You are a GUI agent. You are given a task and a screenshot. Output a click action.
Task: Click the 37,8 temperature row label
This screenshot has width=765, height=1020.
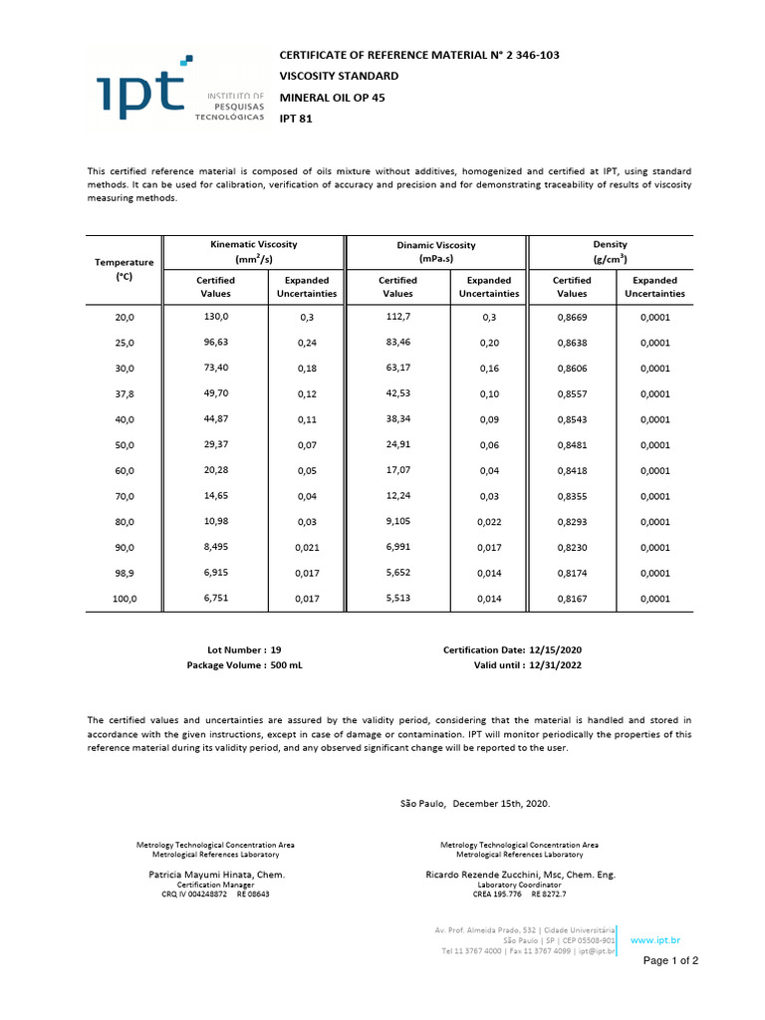[124, 393]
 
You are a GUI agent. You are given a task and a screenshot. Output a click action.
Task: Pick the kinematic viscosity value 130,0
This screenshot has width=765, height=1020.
[216, 316]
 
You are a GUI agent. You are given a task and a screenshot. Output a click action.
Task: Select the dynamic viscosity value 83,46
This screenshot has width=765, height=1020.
[397, 342]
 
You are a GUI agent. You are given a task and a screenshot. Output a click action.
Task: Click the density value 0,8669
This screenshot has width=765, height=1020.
[572, 316]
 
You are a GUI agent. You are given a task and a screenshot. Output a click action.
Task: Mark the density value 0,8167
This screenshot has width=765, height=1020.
[572, 599]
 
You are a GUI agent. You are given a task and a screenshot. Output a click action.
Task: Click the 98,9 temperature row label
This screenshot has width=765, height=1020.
[124, 573]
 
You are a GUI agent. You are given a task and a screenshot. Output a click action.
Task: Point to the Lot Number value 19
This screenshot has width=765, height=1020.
[276, 649]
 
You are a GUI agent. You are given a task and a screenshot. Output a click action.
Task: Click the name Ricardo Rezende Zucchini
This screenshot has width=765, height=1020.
[519, 875]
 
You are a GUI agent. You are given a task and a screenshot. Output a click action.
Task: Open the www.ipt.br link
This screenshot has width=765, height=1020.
[655, 939]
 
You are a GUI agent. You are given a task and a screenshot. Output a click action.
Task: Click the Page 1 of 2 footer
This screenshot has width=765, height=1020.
[670, 961]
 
